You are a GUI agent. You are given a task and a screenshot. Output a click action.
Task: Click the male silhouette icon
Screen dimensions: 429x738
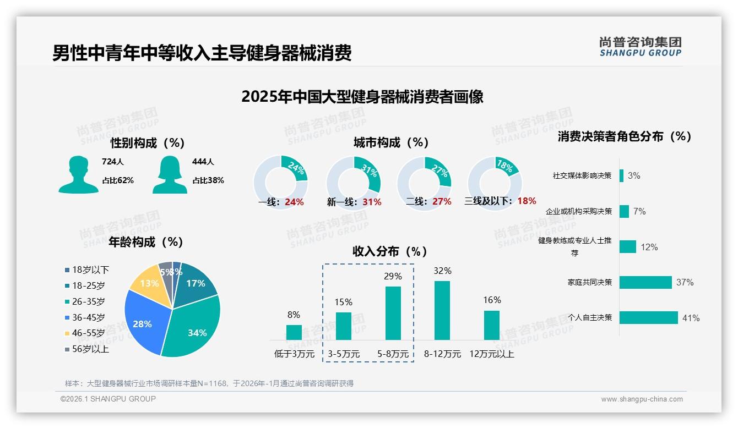coord(78,175)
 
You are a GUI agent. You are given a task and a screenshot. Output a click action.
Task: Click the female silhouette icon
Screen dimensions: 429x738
coord(170,175)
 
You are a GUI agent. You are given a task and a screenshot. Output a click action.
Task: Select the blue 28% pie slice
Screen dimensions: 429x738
coord(143,322)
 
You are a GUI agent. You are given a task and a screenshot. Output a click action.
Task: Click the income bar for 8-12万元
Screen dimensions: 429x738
coord(442,310)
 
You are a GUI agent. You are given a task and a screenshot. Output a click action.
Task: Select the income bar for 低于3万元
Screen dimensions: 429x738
coord(294,332)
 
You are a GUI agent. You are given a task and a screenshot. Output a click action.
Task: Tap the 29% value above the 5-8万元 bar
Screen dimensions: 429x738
coord(393,276)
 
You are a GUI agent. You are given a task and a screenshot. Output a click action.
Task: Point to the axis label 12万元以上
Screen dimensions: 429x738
coord(491,354)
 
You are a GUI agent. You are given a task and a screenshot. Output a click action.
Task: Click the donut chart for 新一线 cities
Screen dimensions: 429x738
coord(353,183)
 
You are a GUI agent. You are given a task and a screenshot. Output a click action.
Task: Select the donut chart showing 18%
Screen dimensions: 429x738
coord(495,183)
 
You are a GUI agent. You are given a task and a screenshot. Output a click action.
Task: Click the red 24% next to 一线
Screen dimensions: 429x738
coord(294,202)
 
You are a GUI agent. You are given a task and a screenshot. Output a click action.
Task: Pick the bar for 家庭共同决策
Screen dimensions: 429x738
coord(645,282)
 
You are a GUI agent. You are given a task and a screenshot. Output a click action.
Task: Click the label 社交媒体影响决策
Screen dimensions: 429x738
coord(582,176)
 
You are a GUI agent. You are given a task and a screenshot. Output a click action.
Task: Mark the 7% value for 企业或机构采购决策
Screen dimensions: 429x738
coord(639,211)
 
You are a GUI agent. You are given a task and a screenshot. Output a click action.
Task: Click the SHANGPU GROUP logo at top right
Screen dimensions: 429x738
coord(640,47)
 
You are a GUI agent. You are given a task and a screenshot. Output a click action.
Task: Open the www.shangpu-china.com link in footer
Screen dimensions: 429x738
coord(642,399)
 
